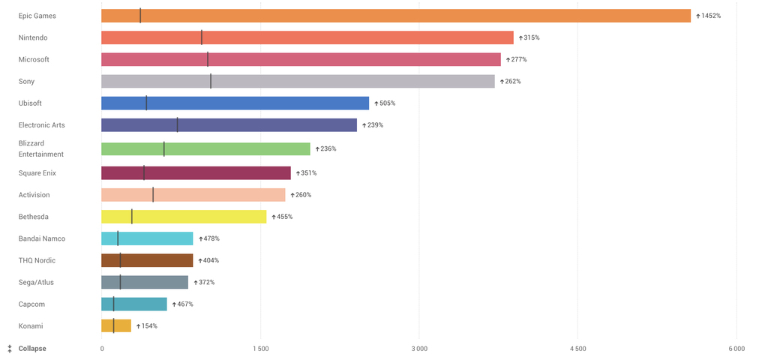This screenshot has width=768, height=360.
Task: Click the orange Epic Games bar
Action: [x=396, y=16]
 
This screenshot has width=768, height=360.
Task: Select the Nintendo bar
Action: [x=307, y=37]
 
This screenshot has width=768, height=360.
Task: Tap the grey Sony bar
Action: [x=298, y=81]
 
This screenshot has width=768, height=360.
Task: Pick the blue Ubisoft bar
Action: [x=235, y=103]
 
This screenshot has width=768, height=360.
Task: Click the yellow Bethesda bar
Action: [x=184, y=217]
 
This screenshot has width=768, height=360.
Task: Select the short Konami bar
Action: [x=116, y=325]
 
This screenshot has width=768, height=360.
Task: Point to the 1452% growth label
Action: [x=710, y=16]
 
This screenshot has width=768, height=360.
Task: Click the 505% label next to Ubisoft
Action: [x=387, y=103]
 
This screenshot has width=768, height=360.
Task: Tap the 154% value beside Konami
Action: [x=149, y=326]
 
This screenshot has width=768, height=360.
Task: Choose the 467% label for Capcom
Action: [x=185, y=304]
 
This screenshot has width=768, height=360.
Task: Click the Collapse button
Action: [x=31, y=349]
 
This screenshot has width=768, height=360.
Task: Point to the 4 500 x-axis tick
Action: [x=577, y=349]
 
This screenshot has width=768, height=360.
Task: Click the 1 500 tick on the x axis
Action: [x=260, y=349]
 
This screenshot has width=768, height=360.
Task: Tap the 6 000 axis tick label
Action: [x=736, y=349]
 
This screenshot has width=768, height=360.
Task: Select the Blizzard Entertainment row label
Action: [x=41, y=148]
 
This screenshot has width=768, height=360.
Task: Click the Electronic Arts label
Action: [x=42, y=124]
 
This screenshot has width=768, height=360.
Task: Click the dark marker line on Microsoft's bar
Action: [x=208, y=59]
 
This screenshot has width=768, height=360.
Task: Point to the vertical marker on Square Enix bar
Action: [x=144, y=173]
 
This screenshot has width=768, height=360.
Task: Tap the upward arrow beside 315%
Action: [x=520, y=37]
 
